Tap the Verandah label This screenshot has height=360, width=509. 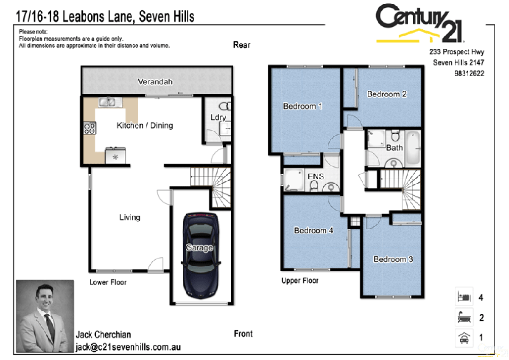155,82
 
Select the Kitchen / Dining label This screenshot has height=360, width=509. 145,125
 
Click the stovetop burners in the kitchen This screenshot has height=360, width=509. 89,128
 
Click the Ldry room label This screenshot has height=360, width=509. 218,118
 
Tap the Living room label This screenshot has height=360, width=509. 129,217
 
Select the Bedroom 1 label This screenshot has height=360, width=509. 302,106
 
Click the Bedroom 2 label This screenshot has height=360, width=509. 386,94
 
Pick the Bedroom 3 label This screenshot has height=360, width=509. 393,259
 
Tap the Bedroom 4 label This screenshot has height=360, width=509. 313,231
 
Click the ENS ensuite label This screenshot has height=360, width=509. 316,176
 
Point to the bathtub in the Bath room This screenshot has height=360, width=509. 412,149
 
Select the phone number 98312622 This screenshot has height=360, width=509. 469,73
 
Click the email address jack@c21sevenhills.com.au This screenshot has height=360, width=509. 128,347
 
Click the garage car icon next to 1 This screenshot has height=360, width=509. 464,338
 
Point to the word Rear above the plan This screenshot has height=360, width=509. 242,45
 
